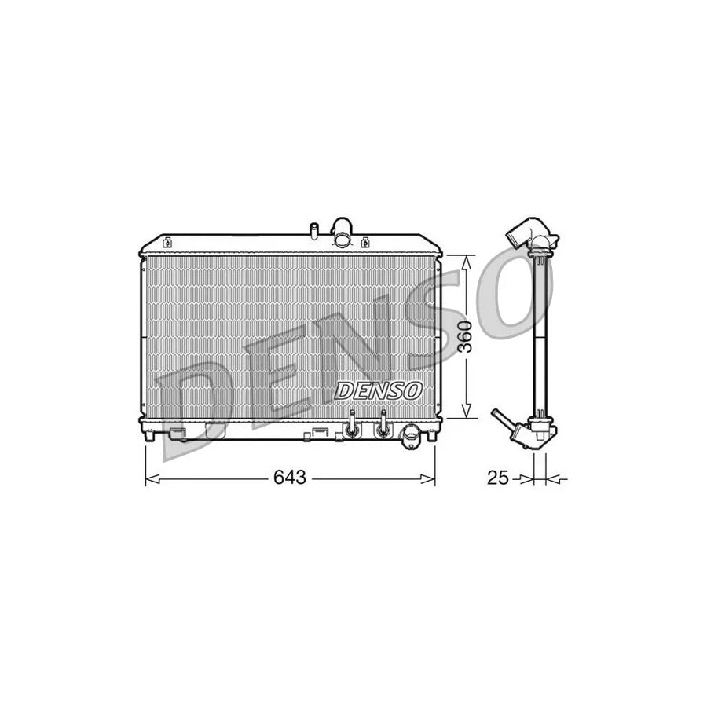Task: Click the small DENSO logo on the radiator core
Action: tap(380, 389)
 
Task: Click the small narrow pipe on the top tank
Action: tap(313, 231)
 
